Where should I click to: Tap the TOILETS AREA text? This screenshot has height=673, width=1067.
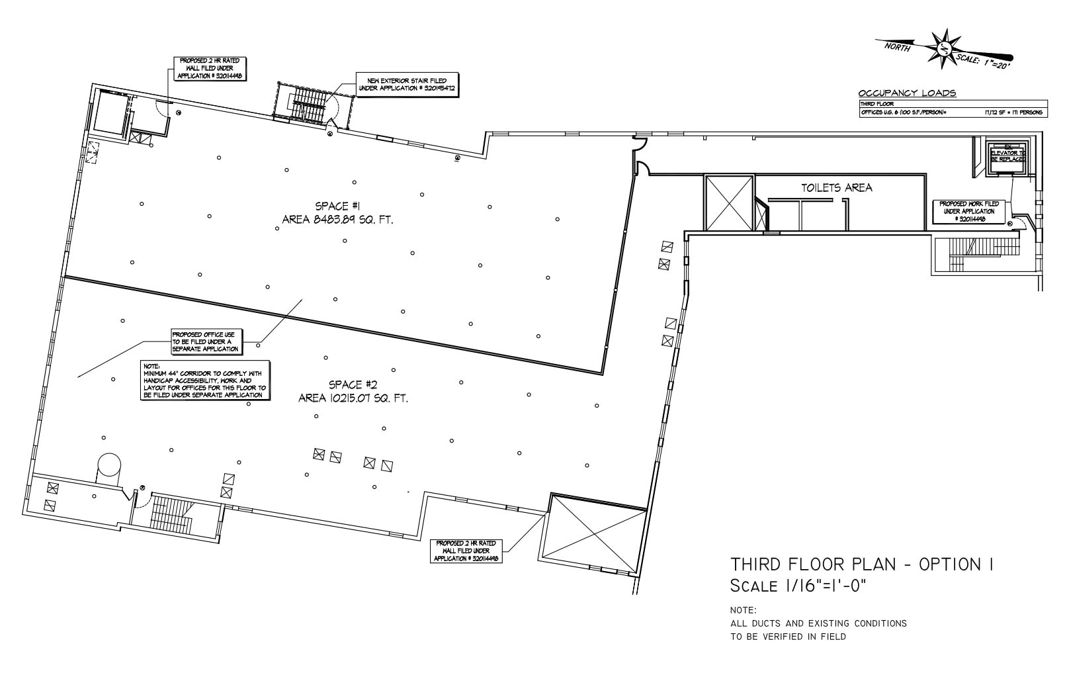pos(836,188)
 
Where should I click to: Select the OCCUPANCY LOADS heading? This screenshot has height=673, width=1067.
pos(906,93)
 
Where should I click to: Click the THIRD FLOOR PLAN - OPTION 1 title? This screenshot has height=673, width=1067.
pos(862,564)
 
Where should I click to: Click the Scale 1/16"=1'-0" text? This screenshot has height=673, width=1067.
pos(798,586)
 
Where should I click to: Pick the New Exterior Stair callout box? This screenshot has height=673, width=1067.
pos(406,84)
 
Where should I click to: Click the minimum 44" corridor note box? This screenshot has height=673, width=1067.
pos(206,380)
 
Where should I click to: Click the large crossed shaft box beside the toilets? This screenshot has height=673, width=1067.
pos(728,202)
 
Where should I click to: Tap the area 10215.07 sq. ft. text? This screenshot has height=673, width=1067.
pos(353,398)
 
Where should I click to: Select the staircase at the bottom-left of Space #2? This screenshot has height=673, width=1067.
pos(170,514)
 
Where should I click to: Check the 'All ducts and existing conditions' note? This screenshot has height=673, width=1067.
pos(818,623)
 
